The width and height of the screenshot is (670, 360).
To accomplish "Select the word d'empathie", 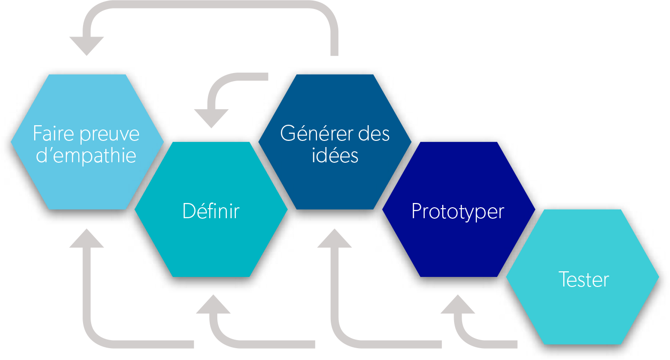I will (86, 156).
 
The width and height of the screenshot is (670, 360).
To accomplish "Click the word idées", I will (335, 155).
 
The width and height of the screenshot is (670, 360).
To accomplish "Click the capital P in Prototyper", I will (416, 211).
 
